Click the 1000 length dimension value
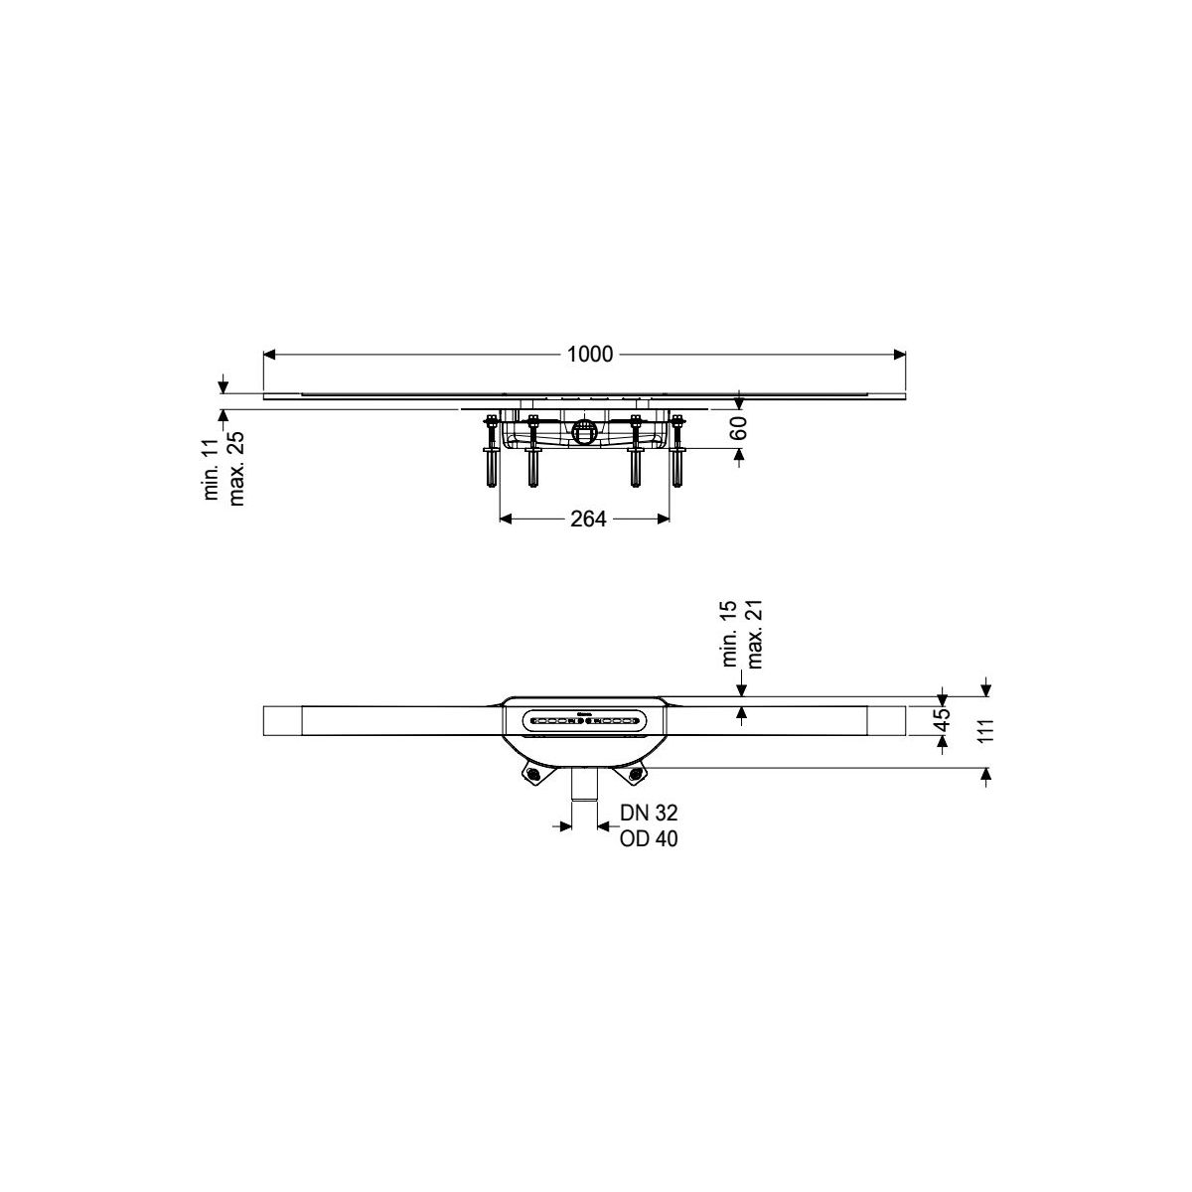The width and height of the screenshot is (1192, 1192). pyautogui.click(x=589, y=355)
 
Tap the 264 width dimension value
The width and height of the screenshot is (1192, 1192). pyautogui.click(x=588, y=519)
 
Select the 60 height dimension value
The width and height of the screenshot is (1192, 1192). pyautogui.click(x=739, y=428)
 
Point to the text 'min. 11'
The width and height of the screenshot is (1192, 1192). pyautogui.click(x=212, y=469)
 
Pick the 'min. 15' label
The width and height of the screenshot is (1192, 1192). pyautogui.click(x=730, y=633)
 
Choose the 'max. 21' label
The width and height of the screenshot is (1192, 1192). pyautogui.click(x=755, y=635)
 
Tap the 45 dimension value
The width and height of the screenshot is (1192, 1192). pyautogui.click(x=942, y=720)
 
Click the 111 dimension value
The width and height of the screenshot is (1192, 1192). pyautogui.click(x=986, y=730)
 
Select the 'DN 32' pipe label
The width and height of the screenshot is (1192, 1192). pyautogui.click(x=649, y=812)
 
